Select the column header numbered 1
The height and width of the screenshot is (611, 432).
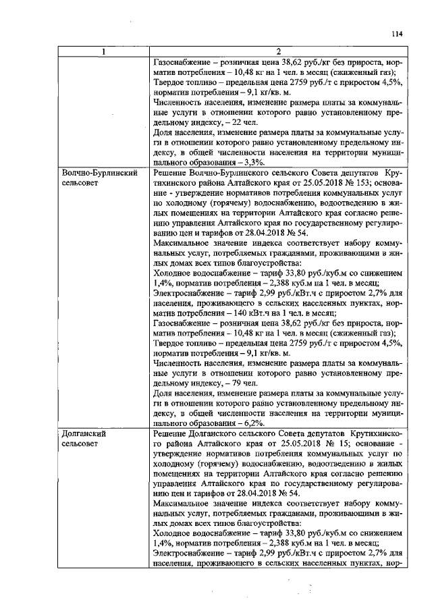(103, 51)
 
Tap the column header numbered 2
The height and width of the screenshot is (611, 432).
(278, 51)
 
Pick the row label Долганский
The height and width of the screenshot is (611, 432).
(82, 434)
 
